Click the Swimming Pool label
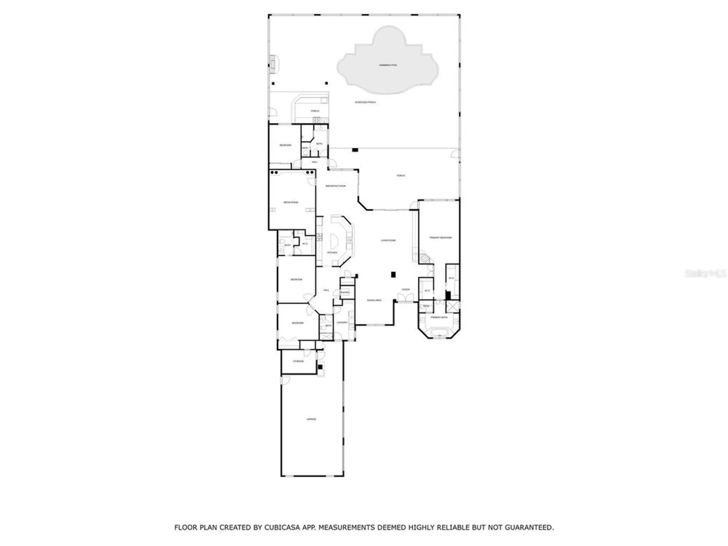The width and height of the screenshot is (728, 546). [x=388, y=65]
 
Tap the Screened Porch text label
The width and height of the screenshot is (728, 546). [x=365, y=102]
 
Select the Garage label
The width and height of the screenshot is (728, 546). [x=311, y=419]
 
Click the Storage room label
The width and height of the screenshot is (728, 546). [x=298, y=361]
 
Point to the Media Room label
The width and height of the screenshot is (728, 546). [x=291, y=202]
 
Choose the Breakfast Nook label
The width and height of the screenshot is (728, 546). [x=335, y=186]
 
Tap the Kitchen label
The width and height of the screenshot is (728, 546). [x=332, y=253]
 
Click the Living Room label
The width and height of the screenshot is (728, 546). [x=388, y=241]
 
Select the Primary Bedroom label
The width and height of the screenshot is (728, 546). [x=440, y=238]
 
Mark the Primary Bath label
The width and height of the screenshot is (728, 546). [x=439, y=317]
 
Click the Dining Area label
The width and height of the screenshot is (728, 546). [x=374, y=300]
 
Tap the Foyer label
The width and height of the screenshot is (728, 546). [x=405, y=290]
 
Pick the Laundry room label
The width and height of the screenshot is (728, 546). [x=342, y=323]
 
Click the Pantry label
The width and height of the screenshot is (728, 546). [x=345, y=292]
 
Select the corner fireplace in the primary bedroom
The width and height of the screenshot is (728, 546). [x=424, y=259]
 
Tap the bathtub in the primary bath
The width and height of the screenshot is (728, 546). [x=439, y=332]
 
